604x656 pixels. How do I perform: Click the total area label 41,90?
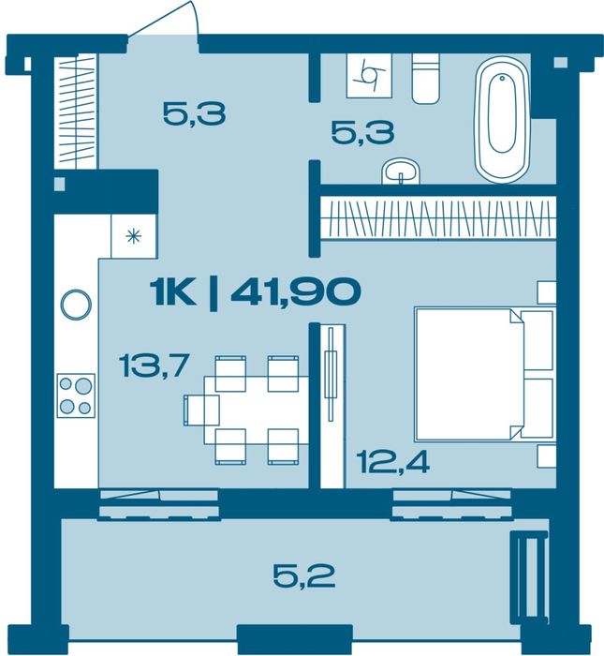[x=296, y=291]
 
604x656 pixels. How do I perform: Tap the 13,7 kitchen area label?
[x=155, y=365]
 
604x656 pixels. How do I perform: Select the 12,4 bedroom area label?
[x=392, y=463]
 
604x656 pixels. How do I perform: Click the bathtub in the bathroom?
[x=501, y=120]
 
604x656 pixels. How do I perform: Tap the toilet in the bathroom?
[x=426, y=78]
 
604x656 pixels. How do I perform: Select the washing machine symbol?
[x=369, y=75]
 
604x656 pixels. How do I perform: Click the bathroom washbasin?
[x=401, y=171]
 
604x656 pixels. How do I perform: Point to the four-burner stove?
[x=76, y=395]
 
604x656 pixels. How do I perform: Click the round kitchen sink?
[x=76, y=305]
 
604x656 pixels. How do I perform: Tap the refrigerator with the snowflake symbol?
[x=134, y=236]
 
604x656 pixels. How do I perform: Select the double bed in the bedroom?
[x=485, y=374]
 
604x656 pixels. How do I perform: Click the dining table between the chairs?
[x=257, y=410]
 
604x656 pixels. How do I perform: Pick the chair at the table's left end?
[x=201, y=410]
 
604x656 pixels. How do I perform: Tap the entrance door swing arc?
[x=164, y=21]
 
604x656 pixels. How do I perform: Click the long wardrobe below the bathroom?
[x=438, y=217]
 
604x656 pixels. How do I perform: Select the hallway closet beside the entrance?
[x=76, y=111]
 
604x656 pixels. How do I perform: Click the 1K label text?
[x=172, y=292]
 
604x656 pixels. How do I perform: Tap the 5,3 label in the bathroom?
[x=362, y=132]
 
